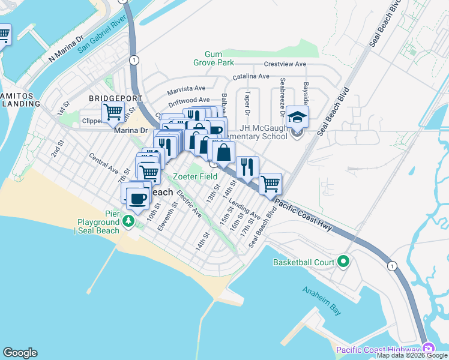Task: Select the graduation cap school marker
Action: [x=297, y=116]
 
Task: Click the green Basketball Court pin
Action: [x=343, y=262]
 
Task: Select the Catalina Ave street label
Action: [x=251, y=76]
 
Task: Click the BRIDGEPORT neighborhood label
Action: [x=115, y=98]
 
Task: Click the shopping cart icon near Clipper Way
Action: [x=113, y=111]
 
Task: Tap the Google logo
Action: [x=20, y=353]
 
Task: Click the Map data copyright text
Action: [x=412, y=355]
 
